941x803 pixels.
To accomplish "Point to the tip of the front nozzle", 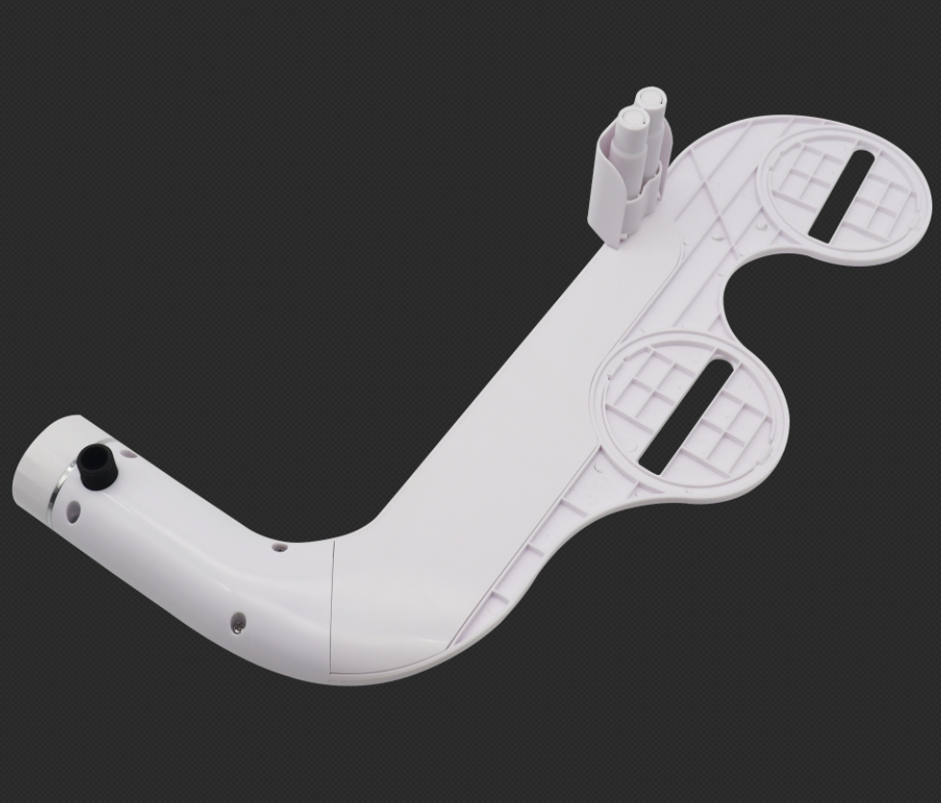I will (x=630, y=118).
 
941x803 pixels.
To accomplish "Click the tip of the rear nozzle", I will (x=651, y=98).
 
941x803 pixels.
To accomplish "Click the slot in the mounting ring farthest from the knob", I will (x=841, y=196).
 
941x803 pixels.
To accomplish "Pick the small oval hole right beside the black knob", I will (x=128, y=452).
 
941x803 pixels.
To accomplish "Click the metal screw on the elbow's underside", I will (x=238, y=625).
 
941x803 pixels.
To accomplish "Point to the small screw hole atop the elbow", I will (x=278, y=549).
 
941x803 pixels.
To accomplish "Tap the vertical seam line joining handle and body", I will (x=331, y=604).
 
